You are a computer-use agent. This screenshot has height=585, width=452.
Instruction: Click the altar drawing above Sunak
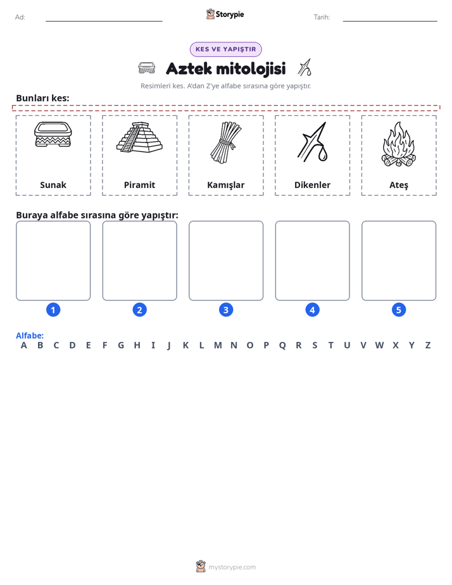pos(53,134)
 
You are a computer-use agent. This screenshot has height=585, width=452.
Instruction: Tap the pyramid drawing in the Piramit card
pos(139,137)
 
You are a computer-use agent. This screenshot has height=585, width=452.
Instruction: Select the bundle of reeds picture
pos(226,142)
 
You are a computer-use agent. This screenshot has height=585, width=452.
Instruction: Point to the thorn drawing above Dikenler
pos(313,142)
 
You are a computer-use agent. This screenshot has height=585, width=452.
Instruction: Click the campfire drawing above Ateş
pos(399,144)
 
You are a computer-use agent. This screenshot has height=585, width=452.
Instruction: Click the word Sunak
pos(53,185)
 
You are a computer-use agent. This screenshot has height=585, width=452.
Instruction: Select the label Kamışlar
pos(226,185)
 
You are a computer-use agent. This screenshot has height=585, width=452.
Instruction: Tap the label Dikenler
pos(313,185)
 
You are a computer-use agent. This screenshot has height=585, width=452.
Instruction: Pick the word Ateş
pos(399,186)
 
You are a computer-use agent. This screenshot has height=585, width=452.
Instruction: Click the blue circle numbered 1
pos(53,310)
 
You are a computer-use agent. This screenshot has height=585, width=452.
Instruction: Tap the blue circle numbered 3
pos(226,310)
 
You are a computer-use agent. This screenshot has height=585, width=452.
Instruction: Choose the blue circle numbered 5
pos(399,310)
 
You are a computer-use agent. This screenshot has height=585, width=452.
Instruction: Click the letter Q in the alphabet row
pos(282,346)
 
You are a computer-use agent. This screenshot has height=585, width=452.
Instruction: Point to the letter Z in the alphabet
pos(428,346)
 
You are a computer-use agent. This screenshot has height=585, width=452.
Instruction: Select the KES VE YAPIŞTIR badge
pos(225,49)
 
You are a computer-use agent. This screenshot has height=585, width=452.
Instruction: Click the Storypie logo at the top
pos(225,14)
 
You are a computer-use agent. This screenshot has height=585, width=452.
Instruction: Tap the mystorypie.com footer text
pos(232,567)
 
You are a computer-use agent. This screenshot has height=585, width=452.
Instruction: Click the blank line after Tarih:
pos(390,22)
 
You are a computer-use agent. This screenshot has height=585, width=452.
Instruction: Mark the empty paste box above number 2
pos(139,261)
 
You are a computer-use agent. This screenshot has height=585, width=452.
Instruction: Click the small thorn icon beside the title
pos(304,67)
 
